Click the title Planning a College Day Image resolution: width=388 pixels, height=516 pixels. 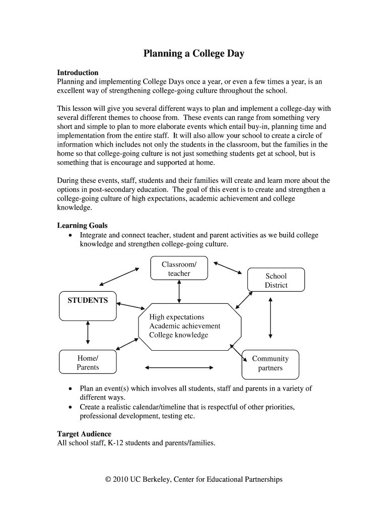[193, 53]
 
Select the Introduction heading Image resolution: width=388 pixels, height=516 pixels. [78, 73]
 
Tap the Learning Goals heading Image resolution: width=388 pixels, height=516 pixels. [82, 226]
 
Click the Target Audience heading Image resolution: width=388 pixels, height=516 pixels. [84, 434]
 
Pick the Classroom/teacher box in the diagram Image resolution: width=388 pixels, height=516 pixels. [179, 269]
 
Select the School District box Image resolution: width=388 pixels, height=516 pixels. [276, 280]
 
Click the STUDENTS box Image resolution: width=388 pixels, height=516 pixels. [88, 305]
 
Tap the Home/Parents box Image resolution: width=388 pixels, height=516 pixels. [88, 363]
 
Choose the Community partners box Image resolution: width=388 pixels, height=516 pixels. [270, 363]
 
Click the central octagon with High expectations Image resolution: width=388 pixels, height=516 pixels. [189, 326]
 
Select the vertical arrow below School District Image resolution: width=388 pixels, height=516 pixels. [271, 317]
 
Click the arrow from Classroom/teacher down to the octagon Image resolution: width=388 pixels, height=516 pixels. [179, 292]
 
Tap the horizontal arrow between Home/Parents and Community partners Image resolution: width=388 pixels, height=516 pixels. [179, 368]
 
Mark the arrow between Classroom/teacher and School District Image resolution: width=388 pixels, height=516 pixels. [228, 268]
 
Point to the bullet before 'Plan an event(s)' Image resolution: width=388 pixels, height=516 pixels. [70, 389]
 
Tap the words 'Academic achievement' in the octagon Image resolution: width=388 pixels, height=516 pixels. [184, 326]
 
